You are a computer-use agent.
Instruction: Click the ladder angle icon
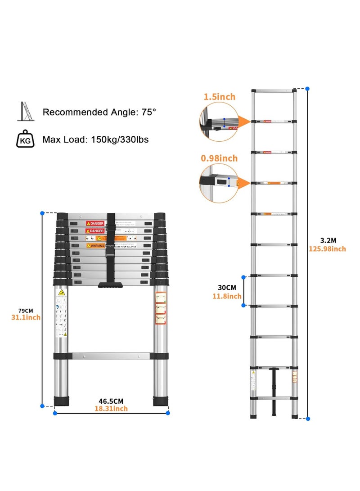tap(25, 112)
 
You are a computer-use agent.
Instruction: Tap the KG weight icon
tap(25, 140)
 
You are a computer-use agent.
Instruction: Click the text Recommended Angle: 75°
tap(99, 112)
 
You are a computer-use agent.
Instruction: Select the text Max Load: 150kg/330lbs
tap(95, 140)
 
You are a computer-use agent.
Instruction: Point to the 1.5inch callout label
tap(219, 97)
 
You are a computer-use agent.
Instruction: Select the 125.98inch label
tap(328, 249)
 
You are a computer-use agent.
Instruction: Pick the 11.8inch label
tap(227, 296)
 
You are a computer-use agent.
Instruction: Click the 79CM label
tap(26, 311)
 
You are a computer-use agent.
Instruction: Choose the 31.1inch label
tap(26, 318)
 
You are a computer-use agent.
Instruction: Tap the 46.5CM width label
tap(111, 401)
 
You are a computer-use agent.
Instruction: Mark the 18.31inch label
tap(111, 409)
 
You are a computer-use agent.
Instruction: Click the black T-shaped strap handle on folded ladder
tap(111, 284)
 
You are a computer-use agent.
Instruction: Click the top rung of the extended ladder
tap(274, 90)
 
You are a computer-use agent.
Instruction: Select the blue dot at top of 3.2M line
tap(308, 89)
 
